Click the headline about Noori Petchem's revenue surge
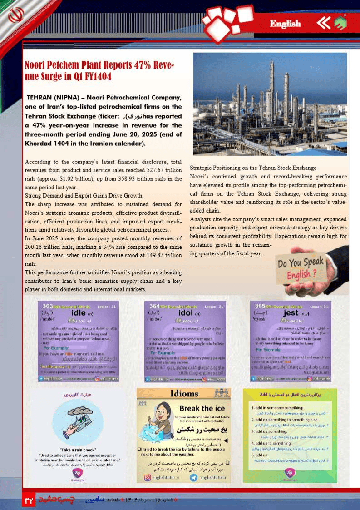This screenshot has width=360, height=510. [x=99, y=70]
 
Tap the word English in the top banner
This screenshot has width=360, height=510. [x=285, y=24]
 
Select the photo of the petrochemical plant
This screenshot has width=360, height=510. [x=270, y=104]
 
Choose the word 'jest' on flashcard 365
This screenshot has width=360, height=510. [x=291, y=312]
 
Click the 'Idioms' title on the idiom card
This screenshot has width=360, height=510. [x=183, y=393]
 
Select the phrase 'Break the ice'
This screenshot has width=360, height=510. [x=202, y=408]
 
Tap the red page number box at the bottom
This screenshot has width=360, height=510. [x=29, y=500]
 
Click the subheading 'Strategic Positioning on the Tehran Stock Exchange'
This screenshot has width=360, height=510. [x=253, y=168]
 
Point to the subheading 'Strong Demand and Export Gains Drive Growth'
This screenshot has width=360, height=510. [x=84, y=196]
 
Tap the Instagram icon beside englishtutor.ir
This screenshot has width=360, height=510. [x=148, y=477]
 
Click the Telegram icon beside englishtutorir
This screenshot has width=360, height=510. [x=193, y=477]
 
